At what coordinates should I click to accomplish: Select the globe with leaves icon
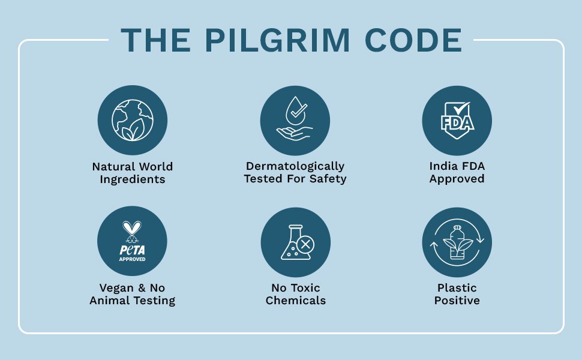[132, 121]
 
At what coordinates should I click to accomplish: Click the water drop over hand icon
[295, 121]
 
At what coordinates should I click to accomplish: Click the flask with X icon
[295, 242]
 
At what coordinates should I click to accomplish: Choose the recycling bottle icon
[457, 242]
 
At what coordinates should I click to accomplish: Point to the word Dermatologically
[295, 166]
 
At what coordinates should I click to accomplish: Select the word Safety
[328, 179]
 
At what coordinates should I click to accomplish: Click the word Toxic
[307, 287]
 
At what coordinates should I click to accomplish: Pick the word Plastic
[457, 287]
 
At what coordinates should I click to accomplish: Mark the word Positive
[457, 301]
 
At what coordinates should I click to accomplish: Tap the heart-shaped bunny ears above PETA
[132, 227]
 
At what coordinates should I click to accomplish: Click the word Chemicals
[295, 301]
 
